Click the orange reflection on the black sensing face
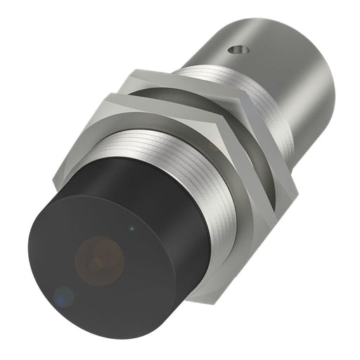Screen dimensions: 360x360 (99, 256)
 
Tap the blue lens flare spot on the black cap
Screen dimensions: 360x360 (64, 297)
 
